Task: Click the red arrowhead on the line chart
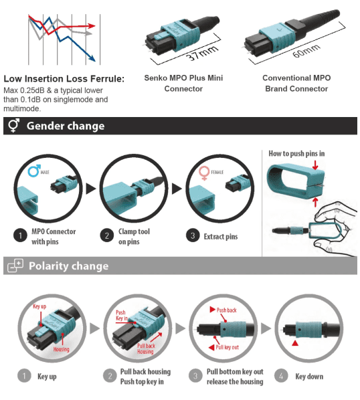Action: [x=92, y=25]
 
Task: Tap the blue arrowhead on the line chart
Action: [x=92, y=58]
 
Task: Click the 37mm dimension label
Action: [x=202, y=53]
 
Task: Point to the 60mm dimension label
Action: [x=306, y=51]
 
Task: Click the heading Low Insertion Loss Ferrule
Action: [x=64, y=78]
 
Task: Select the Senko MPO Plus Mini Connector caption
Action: [x=183, y=83]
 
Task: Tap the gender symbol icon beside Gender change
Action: [x=13, y=125]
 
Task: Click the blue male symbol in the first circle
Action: [x=34, y=171]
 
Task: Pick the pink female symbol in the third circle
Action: [x=204, y=173]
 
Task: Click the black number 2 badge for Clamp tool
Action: [x=107, y=235]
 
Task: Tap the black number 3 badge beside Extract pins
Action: [x=193, y=235]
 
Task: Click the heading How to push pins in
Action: [x=296, y=154]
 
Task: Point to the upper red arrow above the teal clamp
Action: [x=315, y=165]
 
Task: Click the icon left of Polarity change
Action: [x=15, y=266]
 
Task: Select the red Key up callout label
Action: [x=39, y=306]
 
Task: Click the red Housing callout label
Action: [x=62, y=349]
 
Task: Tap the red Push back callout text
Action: [x=227, y=310]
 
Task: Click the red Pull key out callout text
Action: [x=228, y=347]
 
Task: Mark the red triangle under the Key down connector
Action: [x=295, y=343]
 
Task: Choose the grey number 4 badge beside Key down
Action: [x=281, y=376]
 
